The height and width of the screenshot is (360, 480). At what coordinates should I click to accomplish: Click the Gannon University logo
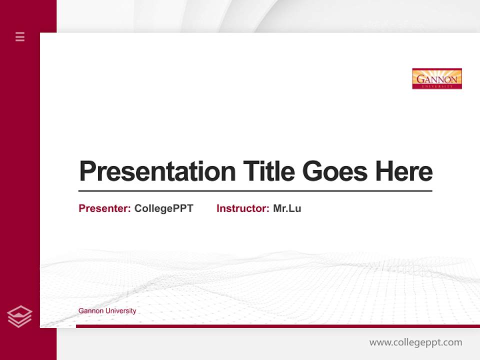[x=436, y=78]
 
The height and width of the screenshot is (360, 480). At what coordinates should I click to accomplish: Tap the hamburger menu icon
[x=20, y=36]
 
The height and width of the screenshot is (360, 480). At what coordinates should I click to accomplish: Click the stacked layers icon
[x=19, y=316]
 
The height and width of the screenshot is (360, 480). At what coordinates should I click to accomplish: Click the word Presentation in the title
[x=157, y=171]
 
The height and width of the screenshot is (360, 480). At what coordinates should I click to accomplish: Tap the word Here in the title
[x=403, y=171]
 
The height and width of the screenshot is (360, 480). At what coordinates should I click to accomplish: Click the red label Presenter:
[x=104, y=208]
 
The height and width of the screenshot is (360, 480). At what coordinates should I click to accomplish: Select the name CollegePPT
[x=163, y=208]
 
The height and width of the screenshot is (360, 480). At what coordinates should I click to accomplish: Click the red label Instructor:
[x=242, y=208]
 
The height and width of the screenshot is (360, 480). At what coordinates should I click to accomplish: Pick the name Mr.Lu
[x=287, y=208]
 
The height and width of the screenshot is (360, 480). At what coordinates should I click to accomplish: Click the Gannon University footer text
[x=107, y=311]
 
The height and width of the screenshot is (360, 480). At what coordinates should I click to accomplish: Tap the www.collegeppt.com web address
[x=415, y=342]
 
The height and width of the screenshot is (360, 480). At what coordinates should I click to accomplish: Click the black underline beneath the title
[x=255, y=191]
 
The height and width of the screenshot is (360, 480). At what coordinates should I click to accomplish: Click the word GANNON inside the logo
[x=436, y=79]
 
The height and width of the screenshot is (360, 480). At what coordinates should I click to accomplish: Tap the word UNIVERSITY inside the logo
[x=436, y=86]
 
